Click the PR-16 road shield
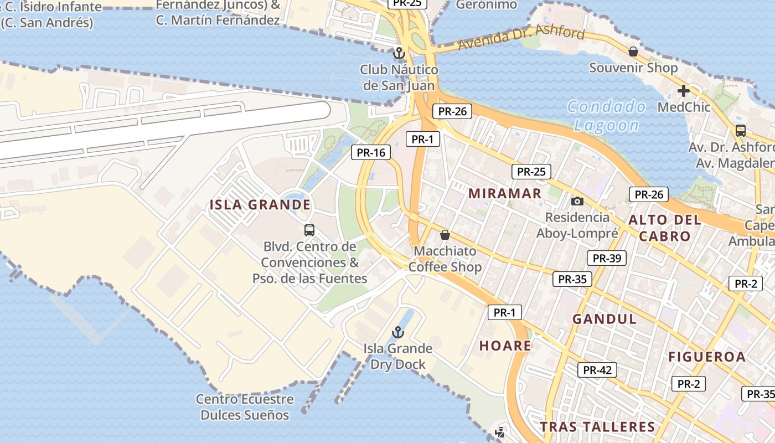(371, 152)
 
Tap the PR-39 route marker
(606, 258)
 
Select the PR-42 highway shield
(597, 370)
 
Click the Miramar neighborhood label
(505, 193)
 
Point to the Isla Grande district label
(260, 205)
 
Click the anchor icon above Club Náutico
(399, 54)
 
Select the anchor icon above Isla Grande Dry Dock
(397, 332)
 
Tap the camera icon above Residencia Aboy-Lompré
(577, 201)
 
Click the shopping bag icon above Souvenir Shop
(633, 51)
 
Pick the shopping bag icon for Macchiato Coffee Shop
(445, 235)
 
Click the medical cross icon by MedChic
(684, 91)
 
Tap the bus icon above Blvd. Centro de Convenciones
(309, 230)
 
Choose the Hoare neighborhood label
(505, 346)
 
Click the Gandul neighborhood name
(604, 319)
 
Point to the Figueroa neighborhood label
(707, 357)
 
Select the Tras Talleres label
(597, 427)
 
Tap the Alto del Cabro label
(664, 228)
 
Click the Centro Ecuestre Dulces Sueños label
(245, 407)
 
